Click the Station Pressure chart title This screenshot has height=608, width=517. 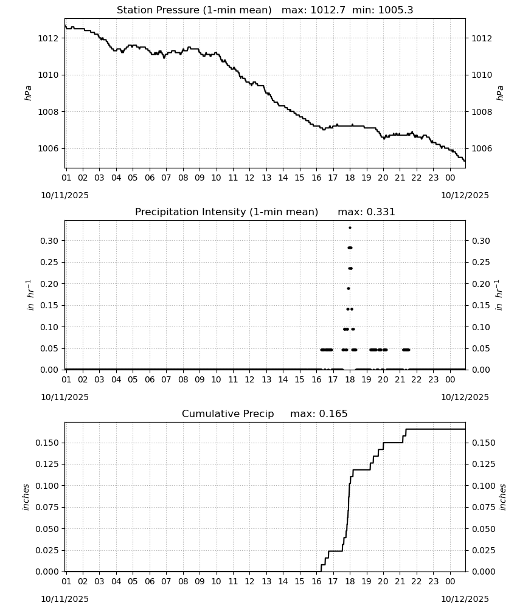pos(194,10)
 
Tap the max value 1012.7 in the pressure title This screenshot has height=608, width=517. pos(328,10)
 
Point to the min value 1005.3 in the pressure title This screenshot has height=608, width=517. pos(395,10)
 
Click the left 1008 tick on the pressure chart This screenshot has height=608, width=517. pos(47,112)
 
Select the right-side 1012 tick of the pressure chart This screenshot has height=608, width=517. pos(482,38)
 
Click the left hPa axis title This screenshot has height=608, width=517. pos(29,93)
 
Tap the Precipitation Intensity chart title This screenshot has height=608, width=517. pos(226,212)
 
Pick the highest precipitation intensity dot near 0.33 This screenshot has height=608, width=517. pos(350,227)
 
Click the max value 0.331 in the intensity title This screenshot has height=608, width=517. pos(381,212)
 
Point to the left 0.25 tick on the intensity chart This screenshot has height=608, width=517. pos(49,262)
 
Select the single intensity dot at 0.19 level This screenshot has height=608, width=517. pos(349,288)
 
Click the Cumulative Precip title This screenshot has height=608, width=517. pos(227,414)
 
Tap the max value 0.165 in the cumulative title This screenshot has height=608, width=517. pos(333,414)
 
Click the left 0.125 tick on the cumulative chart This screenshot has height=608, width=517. pos(47,464)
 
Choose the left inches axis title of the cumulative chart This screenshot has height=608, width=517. pos(26,497)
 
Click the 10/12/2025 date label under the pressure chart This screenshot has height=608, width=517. pos(465,195)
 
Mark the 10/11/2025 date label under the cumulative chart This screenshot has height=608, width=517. pos(64,599)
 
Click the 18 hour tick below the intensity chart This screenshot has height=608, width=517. pos(350,379)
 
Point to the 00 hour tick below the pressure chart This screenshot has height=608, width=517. pos(450,178)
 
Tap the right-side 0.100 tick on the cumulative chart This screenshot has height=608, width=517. pos(484,486)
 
